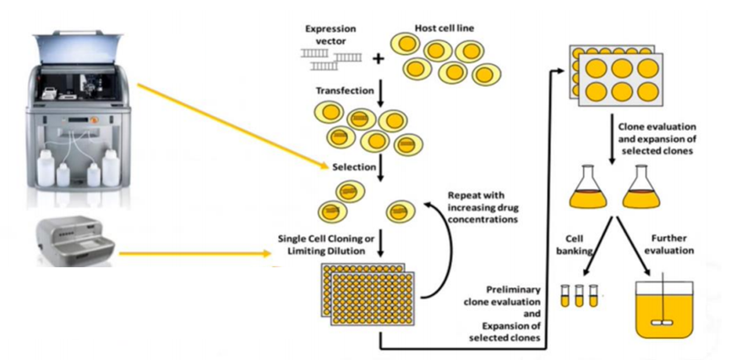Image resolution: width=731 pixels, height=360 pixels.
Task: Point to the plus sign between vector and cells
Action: (x=377, y=58)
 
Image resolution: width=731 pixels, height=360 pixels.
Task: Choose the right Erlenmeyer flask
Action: (x=642, y=188)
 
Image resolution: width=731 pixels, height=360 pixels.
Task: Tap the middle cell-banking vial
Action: (x=579, y=295)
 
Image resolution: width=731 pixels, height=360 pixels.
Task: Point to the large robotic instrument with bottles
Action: (x=75, y=118)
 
